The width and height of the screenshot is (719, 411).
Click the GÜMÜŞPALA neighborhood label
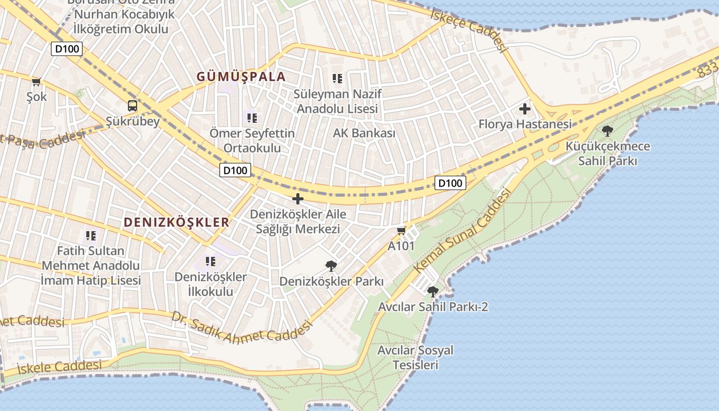[x=241, y=77]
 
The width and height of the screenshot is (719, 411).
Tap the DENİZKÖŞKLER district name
[x=176, y=222]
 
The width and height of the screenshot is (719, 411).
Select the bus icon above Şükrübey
[x=133, y=106]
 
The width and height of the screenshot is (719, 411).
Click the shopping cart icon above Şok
[x=36, y=82]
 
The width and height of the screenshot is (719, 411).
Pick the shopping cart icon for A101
[x=401, y=231]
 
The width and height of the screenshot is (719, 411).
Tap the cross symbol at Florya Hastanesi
[x=524, y=109]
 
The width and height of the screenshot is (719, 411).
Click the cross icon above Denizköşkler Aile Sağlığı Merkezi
[x=297, y=199]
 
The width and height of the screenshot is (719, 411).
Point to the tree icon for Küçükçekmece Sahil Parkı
[x=608, y=131]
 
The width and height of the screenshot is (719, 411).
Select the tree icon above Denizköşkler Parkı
[x=331, y=266]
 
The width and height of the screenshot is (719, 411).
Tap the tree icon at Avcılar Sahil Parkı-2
[x=433, y=292]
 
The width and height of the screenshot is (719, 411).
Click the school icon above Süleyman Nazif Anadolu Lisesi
[x=337, y=79]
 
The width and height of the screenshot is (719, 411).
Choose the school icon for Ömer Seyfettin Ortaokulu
[x=252, y=118]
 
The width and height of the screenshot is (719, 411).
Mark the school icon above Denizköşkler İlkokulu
[x=210, y=261]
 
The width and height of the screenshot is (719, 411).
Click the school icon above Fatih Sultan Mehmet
[x=90, y=236]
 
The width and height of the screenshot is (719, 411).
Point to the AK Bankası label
[x=364, y=133]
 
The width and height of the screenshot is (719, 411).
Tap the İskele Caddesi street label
[x=59, y=367]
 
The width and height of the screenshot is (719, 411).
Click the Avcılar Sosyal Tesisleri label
[x=415, y=358]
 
